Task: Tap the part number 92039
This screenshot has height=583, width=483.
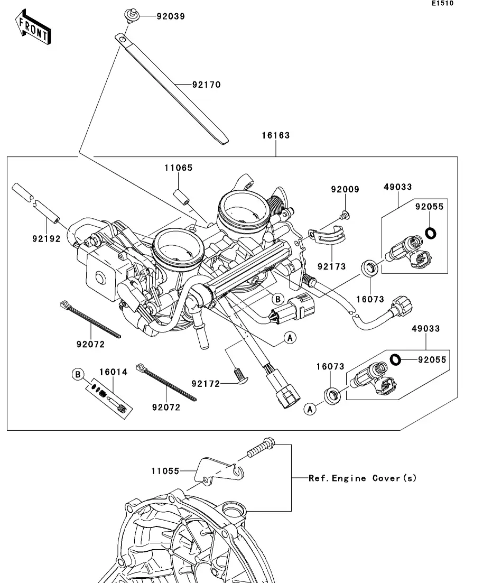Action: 170,16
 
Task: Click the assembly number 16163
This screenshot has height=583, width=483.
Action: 276,135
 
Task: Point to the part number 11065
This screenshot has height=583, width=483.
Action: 178,168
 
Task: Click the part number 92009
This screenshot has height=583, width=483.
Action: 345,189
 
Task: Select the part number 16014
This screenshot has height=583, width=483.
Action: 113,372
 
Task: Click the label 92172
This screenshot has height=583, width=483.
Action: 206,383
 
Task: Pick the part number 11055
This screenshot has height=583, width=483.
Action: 165,470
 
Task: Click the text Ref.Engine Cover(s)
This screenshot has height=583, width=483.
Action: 363,478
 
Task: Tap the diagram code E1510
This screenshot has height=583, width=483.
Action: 442,3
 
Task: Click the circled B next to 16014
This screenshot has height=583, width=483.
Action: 78,375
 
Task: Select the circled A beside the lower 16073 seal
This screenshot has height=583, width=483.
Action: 311,409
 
